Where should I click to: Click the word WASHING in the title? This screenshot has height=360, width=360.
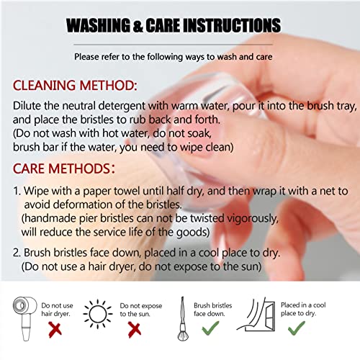pyautogui.click(x=98, y=25)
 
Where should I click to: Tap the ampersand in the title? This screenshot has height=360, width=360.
pyautogui.click(x=138, y=26)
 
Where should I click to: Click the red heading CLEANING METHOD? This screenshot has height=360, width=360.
pyautogui.click(x=75, y=86)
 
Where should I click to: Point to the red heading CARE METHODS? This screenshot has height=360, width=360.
pyautogui.click(x=64, y=168)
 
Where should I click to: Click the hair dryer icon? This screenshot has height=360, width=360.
pyautogui.click(x=24, y=318)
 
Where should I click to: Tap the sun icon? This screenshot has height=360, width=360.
pyautogui.click(x=97, y=314)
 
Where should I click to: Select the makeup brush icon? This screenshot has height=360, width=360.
pyautogui.click(x=183, y=319)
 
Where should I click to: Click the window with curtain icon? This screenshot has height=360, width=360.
pyautogui.click(x=256, y=315)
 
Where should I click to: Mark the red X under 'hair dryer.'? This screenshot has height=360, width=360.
pyautogui.click(x=55, y=330)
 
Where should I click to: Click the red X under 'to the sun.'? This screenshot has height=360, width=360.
pyautogui.click(x=135, y=330)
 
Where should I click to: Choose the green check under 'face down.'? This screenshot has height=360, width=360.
pyautogui.click(x=210, y=328)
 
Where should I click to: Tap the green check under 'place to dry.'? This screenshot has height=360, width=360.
pyautogui.click(x=297, y=328)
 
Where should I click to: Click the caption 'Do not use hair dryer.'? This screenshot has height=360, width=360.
pyautogui.click(x=57, y=310)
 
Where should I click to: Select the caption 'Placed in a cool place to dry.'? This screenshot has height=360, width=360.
pyautogui.click(x=303, y=309)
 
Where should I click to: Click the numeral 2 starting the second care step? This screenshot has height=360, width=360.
pyautogui.click(x=17, y=253)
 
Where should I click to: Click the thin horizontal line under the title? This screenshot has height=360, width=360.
pyautogui.click(x=173, y=45)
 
